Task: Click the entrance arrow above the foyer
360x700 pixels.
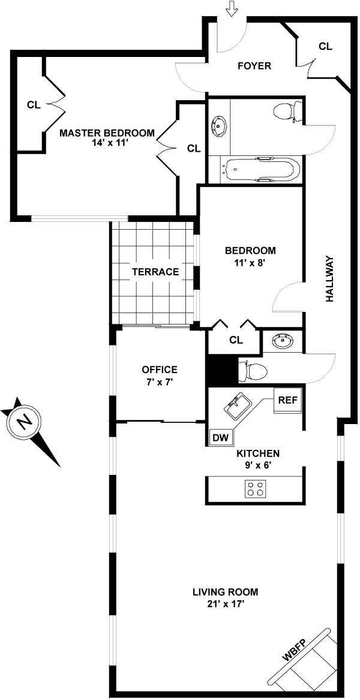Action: coord(232,8)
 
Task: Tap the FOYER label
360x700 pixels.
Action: coord(254,66)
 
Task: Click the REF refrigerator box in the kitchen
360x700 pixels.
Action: coord(287,400)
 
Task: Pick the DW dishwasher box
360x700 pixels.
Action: coord(221,438)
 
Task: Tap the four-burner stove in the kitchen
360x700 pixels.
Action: coord(256,488)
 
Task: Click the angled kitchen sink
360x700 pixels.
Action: coord(239,406)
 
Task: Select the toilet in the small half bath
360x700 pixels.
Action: coord(253,370)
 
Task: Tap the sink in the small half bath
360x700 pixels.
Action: coord(282,342)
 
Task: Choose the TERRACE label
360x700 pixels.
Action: coord(155,272)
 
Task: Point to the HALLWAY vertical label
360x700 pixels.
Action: coord(329,278)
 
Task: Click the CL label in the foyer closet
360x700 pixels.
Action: coord(326,46)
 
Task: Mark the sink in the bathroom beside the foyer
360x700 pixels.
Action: coord(218,125)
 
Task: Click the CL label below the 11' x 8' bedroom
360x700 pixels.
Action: coord(236,340)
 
